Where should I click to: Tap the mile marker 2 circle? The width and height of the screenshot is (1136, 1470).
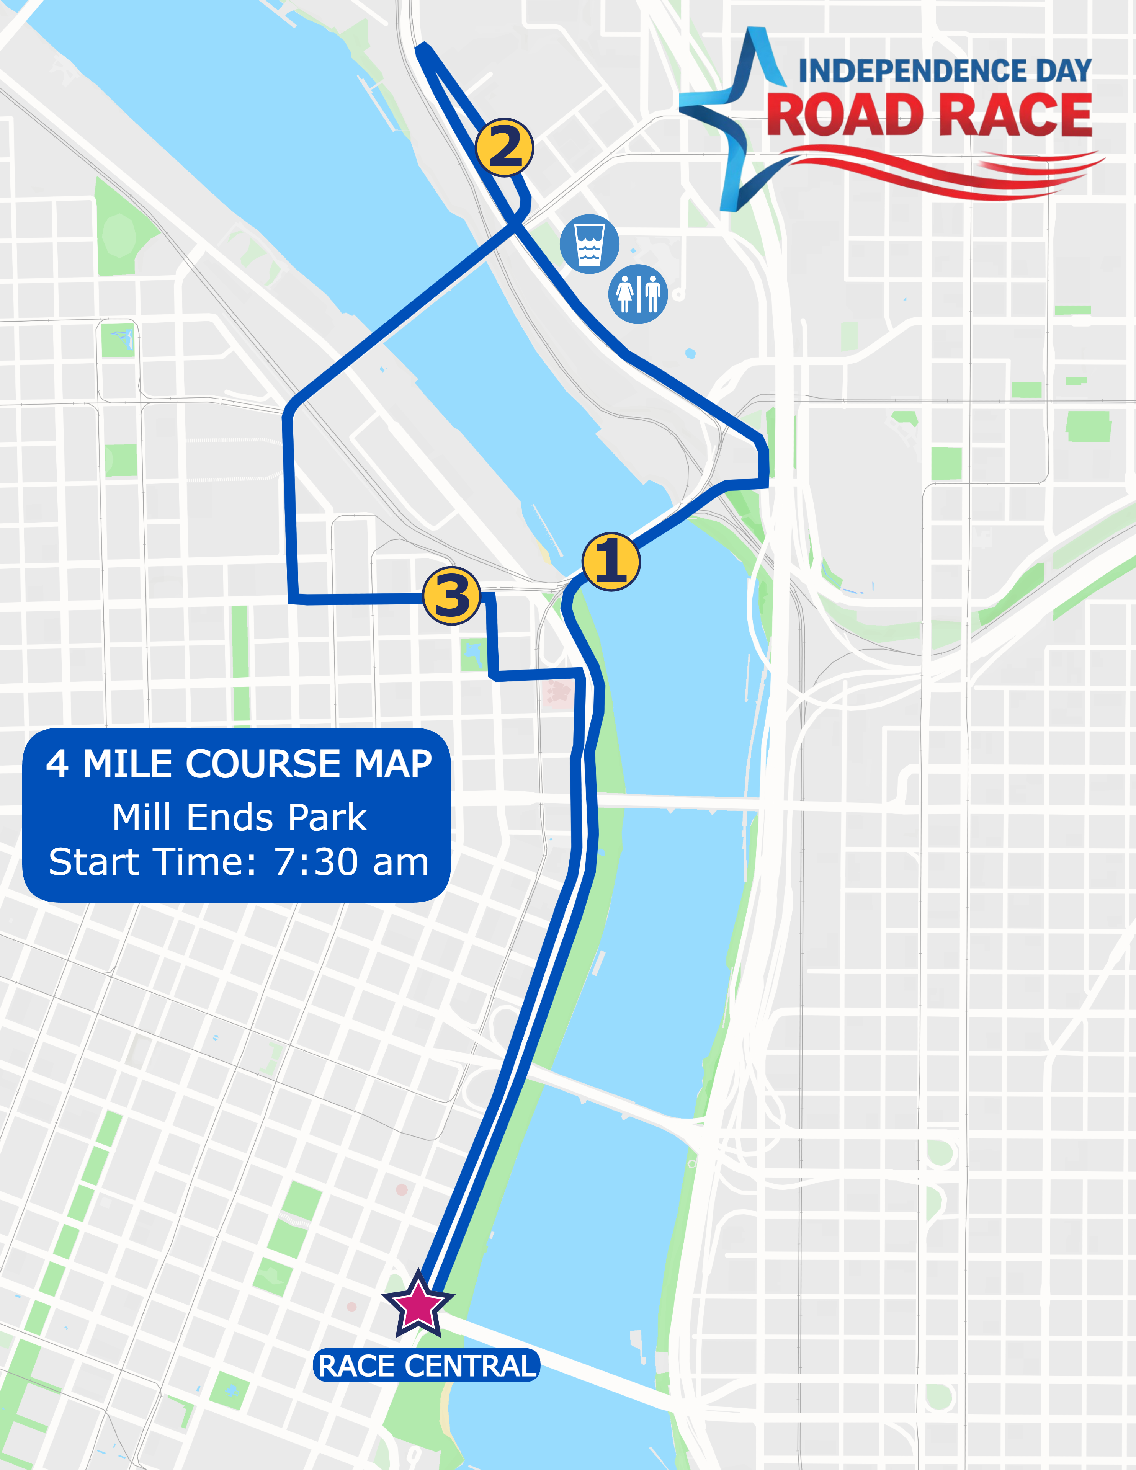(504, 147)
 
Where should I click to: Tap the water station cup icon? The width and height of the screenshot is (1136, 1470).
(589, 243)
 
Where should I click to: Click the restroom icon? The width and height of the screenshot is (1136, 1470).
(638, 294)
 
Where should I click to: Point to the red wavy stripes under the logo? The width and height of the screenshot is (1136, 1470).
(943, 171)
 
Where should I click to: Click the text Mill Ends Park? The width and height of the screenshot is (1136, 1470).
(239, 818)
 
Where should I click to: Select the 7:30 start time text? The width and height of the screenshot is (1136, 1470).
(350, 862)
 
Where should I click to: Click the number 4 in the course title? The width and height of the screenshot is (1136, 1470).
(57, 764)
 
